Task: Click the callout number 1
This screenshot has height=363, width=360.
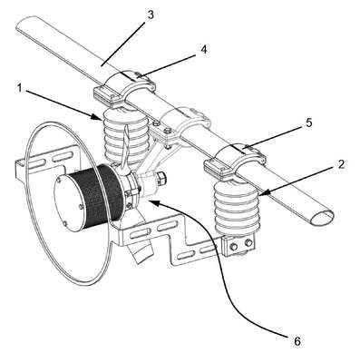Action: coord(20,88)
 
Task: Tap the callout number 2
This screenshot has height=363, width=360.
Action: coord(341,164)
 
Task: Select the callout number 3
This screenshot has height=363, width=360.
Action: coord(151,15)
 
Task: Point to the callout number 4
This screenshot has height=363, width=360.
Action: coord(204,50)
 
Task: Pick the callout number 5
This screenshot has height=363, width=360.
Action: coord(308,123)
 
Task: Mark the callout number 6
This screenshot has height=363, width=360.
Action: coord(297,341)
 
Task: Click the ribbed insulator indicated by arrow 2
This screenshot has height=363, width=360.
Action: coord(237,208)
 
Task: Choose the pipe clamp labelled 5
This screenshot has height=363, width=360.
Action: coord(235,162)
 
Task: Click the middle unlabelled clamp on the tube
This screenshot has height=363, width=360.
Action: coord(185,122)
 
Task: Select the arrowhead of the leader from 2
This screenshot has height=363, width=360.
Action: coord(262,194)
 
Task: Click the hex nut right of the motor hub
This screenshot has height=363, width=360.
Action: coord(161,179)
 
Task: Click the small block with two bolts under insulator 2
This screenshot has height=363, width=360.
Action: coord(240,244)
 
